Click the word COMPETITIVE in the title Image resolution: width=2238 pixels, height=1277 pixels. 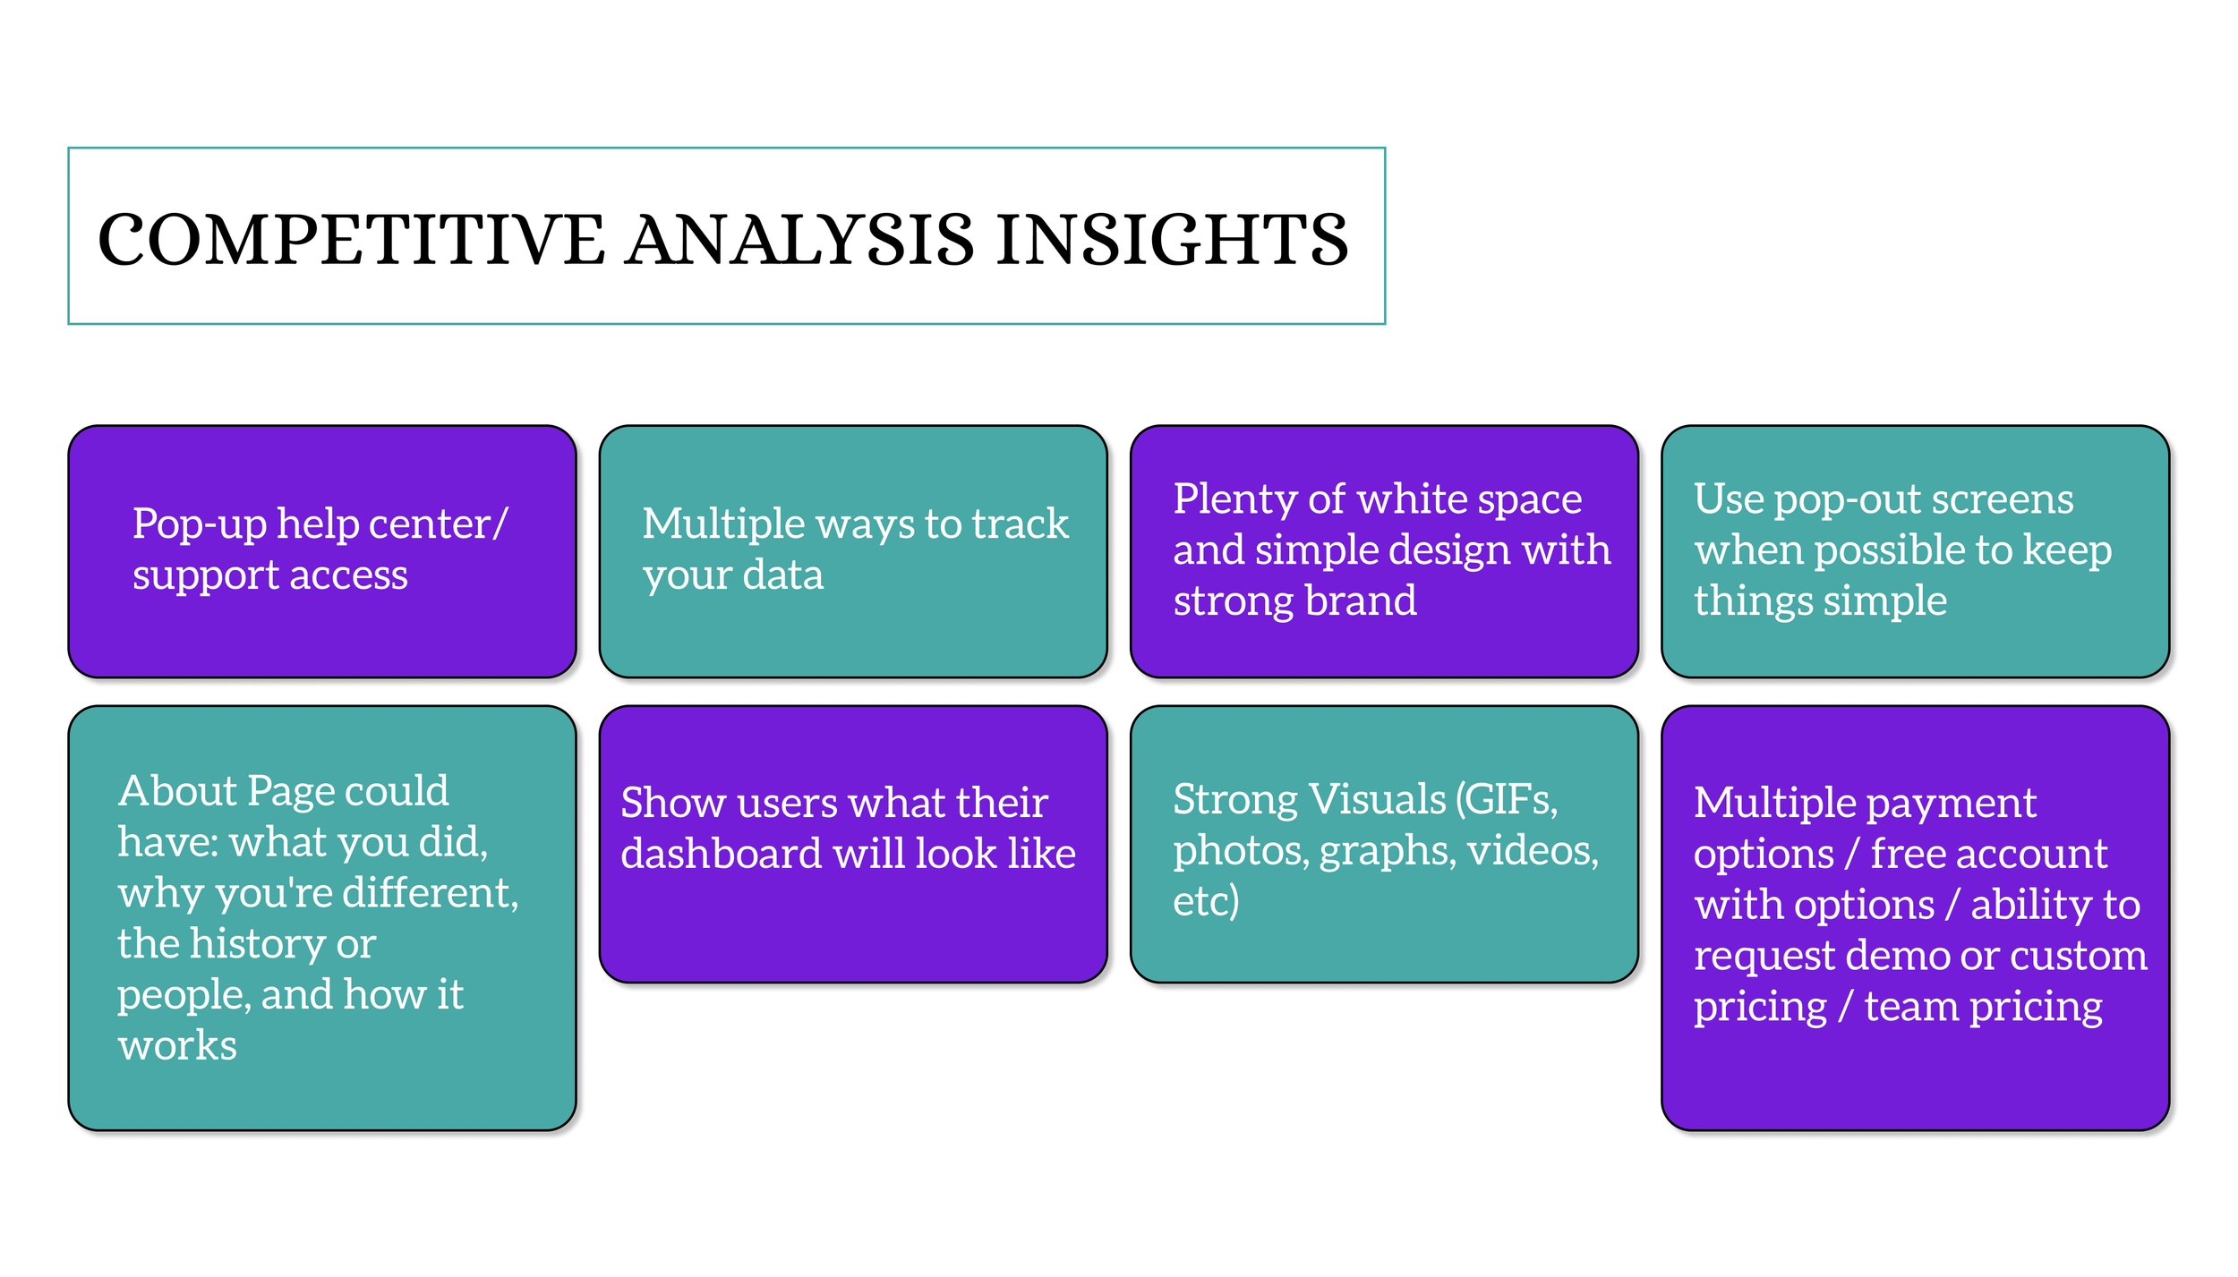click(x=351, y=240)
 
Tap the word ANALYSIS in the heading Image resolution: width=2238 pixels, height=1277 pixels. click(x=799, y=240)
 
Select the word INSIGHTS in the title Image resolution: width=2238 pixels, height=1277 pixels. click(x=1172, y=240)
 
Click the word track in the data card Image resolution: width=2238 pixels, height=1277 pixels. click(x=1020, y=524)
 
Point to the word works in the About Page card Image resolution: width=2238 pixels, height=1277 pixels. click(x=177, y=1046)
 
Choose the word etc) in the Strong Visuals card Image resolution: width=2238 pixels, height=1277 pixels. click(x=1206, y=901)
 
